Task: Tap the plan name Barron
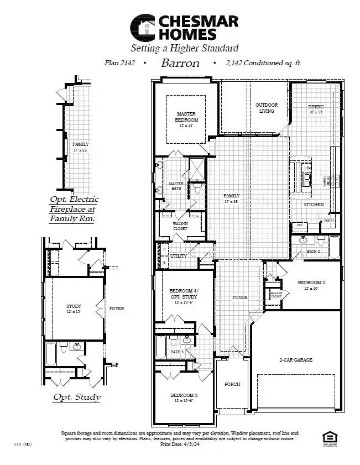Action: [180, 63]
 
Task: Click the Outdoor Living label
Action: [267, 108]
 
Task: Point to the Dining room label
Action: [316, 107]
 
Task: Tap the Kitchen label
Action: [314, 205]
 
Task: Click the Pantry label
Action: [329, 220]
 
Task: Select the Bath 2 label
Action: [314, 252]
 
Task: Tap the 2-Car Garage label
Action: [295, 360]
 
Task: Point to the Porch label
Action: [232, 384]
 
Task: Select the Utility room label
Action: [179, 257]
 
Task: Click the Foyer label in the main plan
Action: [239, 297]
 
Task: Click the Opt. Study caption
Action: [76, 397]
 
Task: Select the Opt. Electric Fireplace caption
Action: [74, 209]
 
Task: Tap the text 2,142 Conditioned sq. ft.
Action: [263, 63]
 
